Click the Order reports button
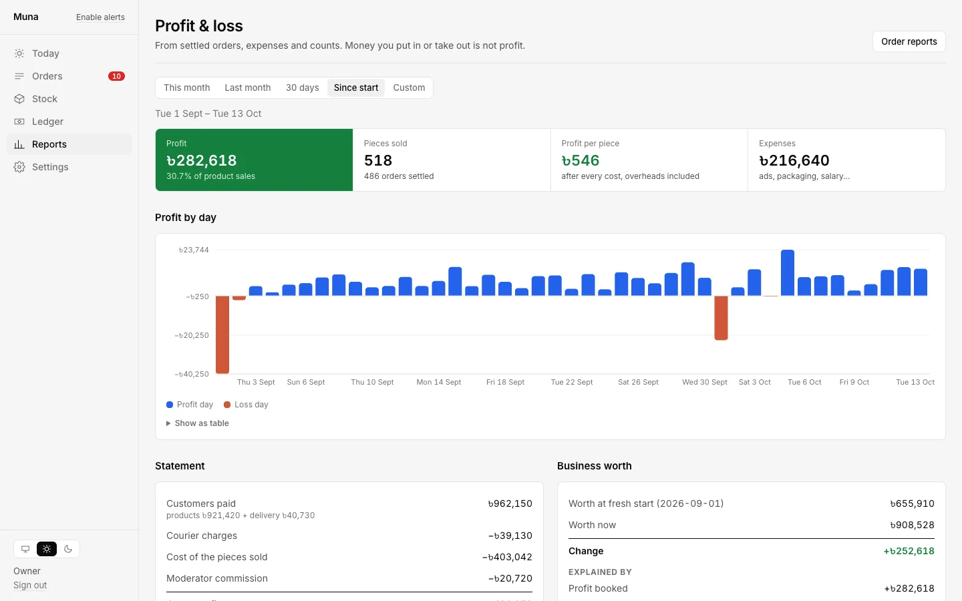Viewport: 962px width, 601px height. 909,41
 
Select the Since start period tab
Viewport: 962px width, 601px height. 356,87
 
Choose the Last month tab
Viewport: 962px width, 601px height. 248,87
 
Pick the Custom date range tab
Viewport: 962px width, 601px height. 409,87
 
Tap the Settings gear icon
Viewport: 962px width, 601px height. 19,167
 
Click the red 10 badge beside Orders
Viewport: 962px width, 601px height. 116,76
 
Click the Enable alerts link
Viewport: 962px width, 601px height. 100,17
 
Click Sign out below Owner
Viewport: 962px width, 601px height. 30,585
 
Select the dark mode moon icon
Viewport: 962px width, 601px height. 68,549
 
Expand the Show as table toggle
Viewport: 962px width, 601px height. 198,423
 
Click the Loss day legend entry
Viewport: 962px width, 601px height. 246,405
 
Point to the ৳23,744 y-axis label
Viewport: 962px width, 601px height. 194,250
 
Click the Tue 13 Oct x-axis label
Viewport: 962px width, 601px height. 915,382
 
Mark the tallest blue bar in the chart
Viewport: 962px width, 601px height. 788,272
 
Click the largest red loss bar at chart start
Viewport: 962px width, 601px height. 222,335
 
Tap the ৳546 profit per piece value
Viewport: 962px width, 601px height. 580,160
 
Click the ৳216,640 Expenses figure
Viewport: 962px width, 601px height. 794,160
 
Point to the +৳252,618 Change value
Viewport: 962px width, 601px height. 909,551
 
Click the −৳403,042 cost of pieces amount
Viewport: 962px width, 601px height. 507,557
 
